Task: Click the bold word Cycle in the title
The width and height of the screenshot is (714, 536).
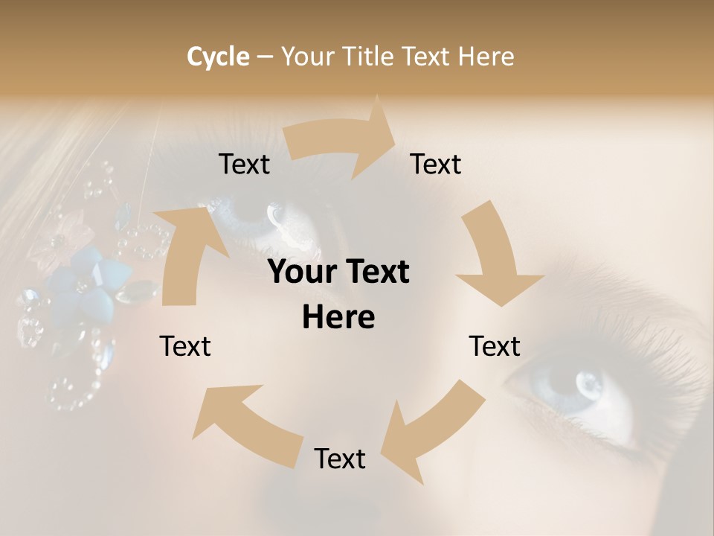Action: coord(218,57)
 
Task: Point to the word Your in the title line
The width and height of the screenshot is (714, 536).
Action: coord(308,57)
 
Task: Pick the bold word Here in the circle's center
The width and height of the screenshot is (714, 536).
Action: coord(338,318)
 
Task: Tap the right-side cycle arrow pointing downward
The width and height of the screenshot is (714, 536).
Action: coord(495,257)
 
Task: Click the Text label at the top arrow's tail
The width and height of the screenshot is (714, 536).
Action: coord(244,165)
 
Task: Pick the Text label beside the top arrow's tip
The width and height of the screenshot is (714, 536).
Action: coord(436,165)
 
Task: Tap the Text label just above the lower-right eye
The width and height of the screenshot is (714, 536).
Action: coord(495,346)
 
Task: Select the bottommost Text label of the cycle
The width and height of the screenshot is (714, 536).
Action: coord(340,459)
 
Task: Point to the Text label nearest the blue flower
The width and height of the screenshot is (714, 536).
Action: coord(186,346)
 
